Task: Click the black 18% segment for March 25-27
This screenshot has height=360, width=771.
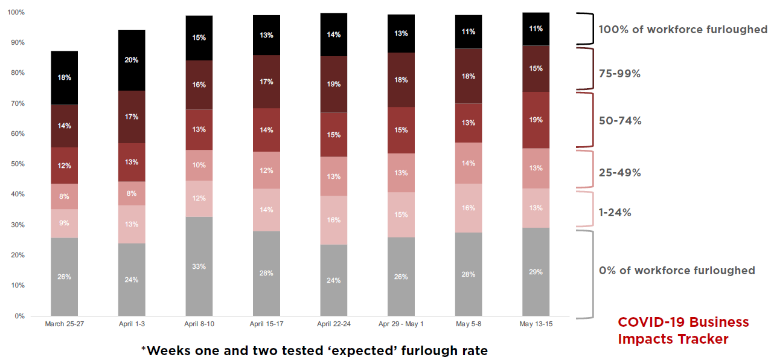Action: pyautogui.click(x=64, y=77)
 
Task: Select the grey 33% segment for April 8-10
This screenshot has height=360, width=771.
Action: pyautogui.click(x=199, y=266)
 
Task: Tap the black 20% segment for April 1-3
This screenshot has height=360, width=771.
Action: pyautogui.click(x=132, y=60)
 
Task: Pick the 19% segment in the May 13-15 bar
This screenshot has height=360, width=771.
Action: pyautogui.click(x=536, y=120)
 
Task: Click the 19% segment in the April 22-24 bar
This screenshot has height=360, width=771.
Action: pyautogui.click(x=334, y=85)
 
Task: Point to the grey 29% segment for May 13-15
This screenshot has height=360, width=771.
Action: pyautogui.click(x=536, y=272)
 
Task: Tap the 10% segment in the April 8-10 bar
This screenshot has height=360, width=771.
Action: pyautogui.click(x=199, y=165)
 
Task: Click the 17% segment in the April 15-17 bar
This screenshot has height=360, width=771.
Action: pyautogui.click(x=266, y=82)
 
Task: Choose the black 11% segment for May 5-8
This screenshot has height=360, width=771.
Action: pyautogui.click(x=468, y=31)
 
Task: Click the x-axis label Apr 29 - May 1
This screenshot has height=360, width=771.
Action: pyautogui.click(x=401, y=324)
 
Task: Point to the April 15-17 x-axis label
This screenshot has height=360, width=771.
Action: pyautogui.click(x=266, y=324)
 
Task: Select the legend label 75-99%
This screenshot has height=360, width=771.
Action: pyautogui.click(x=619, y=74)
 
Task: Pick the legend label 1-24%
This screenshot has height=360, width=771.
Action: pyautogui.click(x=615, y=213)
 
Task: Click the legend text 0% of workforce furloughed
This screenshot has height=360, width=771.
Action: pyautogui.click(x=676, y=270)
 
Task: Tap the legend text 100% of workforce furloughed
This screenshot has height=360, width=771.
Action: pyautogui.click(x=682, y=30)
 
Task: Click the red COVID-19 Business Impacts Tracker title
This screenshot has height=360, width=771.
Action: pyautogui.click(x=683, y=330)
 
